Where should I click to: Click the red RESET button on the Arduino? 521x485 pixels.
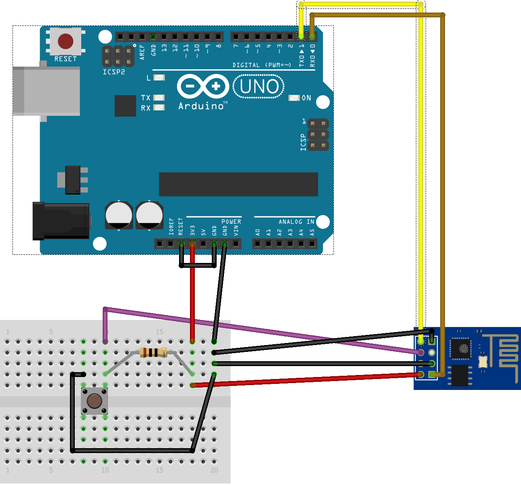click(65, 41)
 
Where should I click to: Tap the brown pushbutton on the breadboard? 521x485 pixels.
click(94, 401)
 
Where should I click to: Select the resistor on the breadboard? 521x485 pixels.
click(153, 352)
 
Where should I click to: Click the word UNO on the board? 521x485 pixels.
click(259, 87)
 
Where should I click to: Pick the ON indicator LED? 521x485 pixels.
click(294, 98)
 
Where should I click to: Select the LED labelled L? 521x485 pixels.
click(159, 78)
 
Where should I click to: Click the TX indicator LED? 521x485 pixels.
click(159, 97)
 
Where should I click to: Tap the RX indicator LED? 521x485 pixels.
click(159, 108)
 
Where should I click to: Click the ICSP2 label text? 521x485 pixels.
click(114, 72)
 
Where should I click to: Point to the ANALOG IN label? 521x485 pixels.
click(296, 222)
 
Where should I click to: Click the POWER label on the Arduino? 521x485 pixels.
click(231, 222)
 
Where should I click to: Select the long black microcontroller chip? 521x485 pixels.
click(238, 184)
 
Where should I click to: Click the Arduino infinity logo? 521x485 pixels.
click(203, 86)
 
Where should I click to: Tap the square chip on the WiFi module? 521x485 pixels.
click(461, 348)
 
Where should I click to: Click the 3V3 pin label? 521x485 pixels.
click(193, 231)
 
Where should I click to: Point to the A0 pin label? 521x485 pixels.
click(258, 232)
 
